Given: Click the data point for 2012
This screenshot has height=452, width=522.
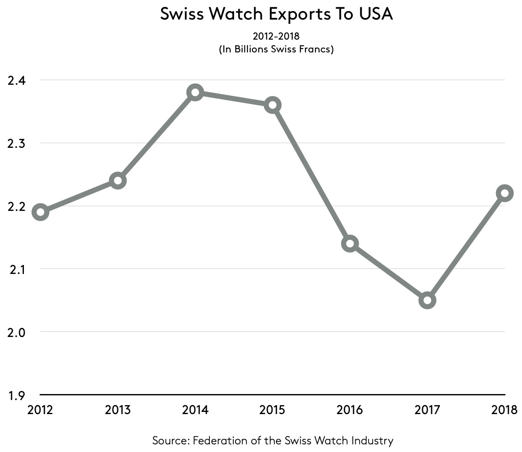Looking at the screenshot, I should tap(41, 212).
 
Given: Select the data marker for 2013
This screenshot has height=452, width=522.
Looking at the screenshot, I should tap(118, 181).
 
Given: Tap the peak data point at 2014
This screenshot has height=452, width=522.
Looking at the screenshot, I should tap(195, 92).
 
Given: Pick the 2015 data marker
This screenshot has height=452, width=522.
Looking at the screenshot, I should tap(273, 105).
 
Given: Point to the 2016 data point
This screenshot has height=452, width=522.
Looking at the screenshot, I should tap(350, 244).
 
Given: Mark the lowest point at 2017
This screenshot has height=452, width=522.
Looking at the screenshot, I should tap(427, 300).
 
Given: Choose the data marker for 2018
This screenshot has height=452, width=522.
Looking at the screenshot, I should tap(505, 193).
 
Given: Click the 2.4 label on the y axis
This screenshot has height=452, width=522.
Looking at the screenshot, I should tap(17, 80).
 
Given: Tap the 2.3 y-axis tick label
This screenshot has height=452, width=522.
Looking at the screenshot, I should tap(17, 143).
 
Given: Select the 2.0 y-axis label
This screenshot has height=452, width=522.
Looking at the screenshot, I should tap(17, 332).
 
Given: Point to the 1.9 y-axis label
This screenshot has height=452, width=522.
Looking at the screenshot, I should tap(17, 395).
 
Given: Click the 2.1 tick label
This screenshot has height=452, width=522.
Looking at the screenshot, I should tap(17, 269).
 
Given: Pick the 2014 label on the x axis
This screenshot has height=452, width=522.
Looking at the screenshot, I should tap(195, 410).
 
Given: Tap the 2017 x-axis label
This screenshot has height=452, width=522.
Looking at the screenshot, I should tap(427, 410).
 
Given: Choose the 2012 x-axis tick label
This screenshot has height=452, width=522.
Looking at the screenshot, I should tap(40, 410).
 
